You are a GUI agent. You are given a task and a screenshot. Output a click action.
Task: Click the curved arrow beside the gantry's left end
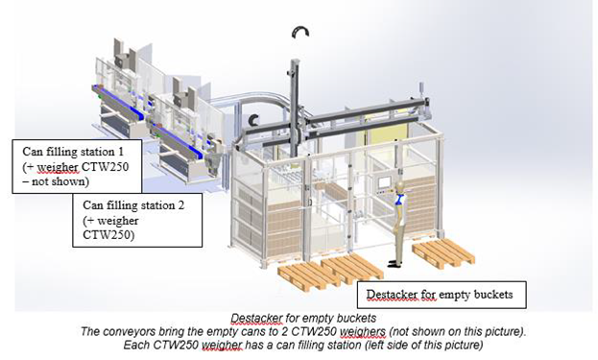point(251,119)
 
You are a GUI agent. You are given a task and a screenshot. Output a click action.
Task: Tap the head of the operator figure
point(399,186)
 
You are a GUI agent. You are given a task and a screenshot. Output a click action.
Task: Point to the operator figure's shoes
point(394,263)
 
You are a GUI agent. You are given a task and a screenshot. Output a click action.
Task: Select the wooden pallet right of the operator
point(443,252)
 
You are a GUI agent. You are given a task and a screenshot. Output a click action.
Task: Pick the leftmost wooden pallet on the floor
point(309,276)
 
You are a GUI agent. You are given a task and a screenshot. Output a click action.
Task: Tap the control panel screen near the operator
point(384,181)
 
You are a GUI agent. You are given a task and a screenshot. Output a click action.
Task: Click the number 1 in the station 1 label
point(121,152)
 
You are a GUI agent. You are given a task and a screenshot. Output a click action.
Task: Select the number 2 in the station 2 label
point(180,205)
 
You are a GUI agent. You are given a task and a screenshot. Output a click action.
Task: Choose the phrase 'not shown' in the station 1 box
point(59,181)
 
